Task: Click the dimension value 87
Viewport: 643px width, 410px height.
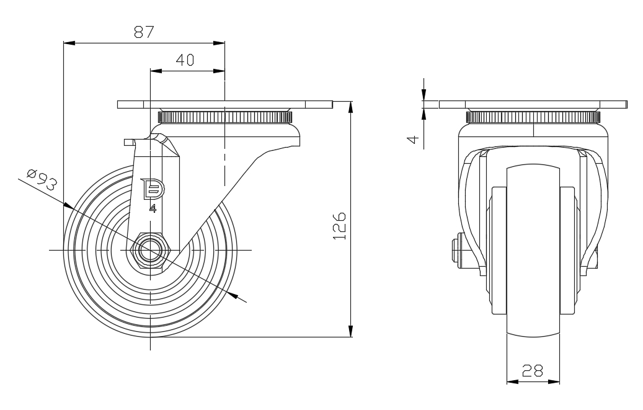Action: [x=144, y=32]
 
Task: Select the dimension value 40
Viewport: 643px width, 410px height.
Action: [x=185, y=60]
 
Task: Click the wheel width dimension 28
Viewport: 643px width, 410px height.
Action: [x=533, y=371]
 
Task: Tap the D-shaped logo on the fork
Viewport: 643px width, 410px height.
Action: [x=151, y=189]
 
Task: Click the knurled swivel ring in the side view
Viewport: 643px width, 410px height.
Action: [x=224, y=117]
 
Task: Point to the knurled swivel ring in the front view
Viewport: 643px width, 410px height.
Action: [x=533, y=117]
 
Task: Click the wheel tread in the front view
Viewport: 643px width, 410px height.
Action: [x=533, y=248]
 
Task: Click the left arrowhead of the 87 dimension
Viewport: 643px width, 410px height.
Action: [x=69, y=43]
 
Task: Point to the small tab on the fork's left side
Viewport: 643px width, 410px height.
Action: [x=128, y=142]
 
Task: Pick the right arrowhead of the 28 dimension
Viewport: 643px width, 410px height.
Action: [x=556, y=381]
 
